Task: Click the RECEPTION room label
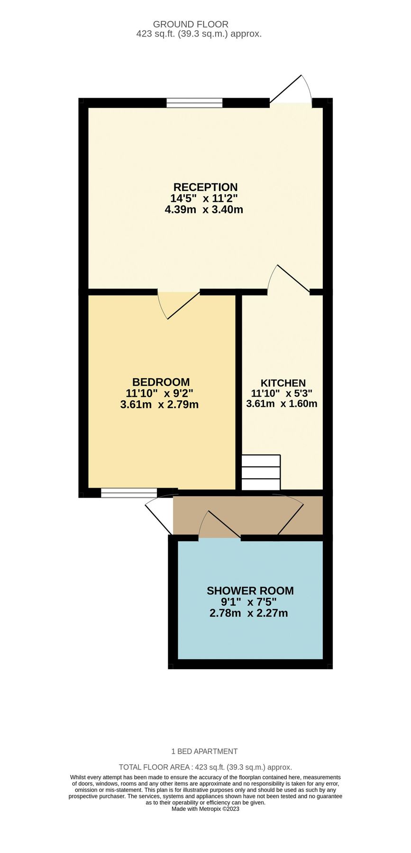[205, 187]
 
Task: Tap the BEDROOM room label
[161, 382]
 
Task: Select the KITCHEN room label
[283, 383]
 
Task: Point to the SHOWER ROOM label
[250, 590]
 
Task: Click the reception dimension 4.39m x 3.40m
[204, 209]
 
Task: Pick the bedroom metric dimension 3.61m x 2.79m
[159, 405]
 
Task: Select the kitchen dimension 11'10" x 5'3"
[282, 393]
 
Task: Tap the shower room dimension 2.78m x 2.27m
[248, 613]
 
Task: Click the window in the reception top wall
[194, 103]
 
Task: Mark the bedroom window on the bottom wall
[129, 493]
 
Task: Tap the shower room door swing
[219, 525]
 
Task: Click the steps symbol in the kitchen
[261, 472]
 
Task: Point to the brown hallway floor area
[248, 516]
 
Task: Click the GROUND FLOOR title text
[191, 24]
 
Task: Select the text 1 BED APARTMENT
[204, 751]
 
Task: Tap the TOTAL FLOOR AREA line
[205, 767]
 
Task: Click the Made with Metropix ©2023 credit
[205, 809]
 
